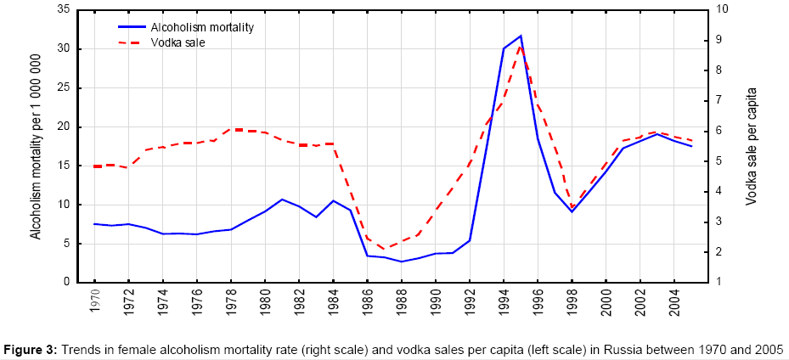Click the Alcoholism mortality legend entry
pos(202,27)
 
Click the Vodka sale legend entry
pos(178,42)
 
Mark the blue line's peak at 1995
pos(521,36)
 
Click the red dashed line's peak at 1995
pos(521,47)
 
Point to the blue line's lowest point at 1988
pos(402,262)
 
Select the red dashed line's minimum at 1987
pos(385,250)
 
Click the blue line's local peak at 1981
pos(282,200)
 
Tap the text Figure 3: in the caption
pos(33,349)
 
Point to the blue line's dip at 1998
pos(572,211)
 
